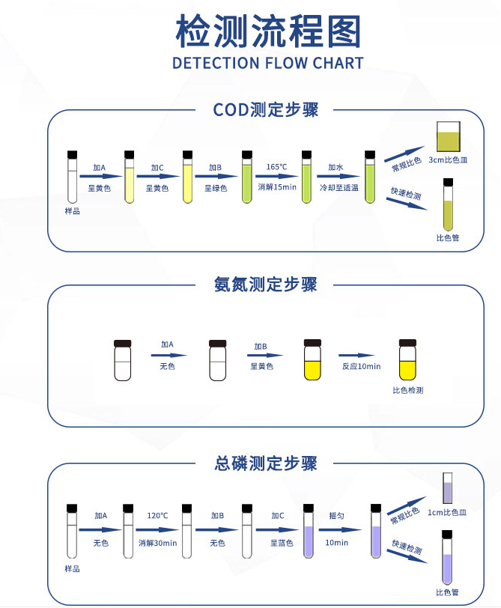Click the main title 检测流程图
[x=267, y=31]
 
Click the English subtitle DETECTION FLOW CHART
[x=267, y=63]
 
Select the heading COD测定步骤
[x=266, y=109]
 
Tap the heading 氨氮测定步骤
[x=266, y=285]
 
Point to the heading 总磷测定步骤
[x=266, y=463]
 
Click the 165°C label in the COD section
[x=276, y=167]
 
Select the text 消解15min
[x=276, y=187]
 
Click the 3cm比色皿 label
[x=448, y=159]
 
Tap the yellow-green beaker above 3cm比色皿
[x=448, y=138]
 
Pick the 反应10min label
[x=361, y=366]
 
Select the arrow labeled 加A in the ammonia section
[x=167, y=356]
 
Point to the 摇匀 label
[x=336, y=516]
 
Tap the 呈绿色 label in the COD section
[x=216, y=187]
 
